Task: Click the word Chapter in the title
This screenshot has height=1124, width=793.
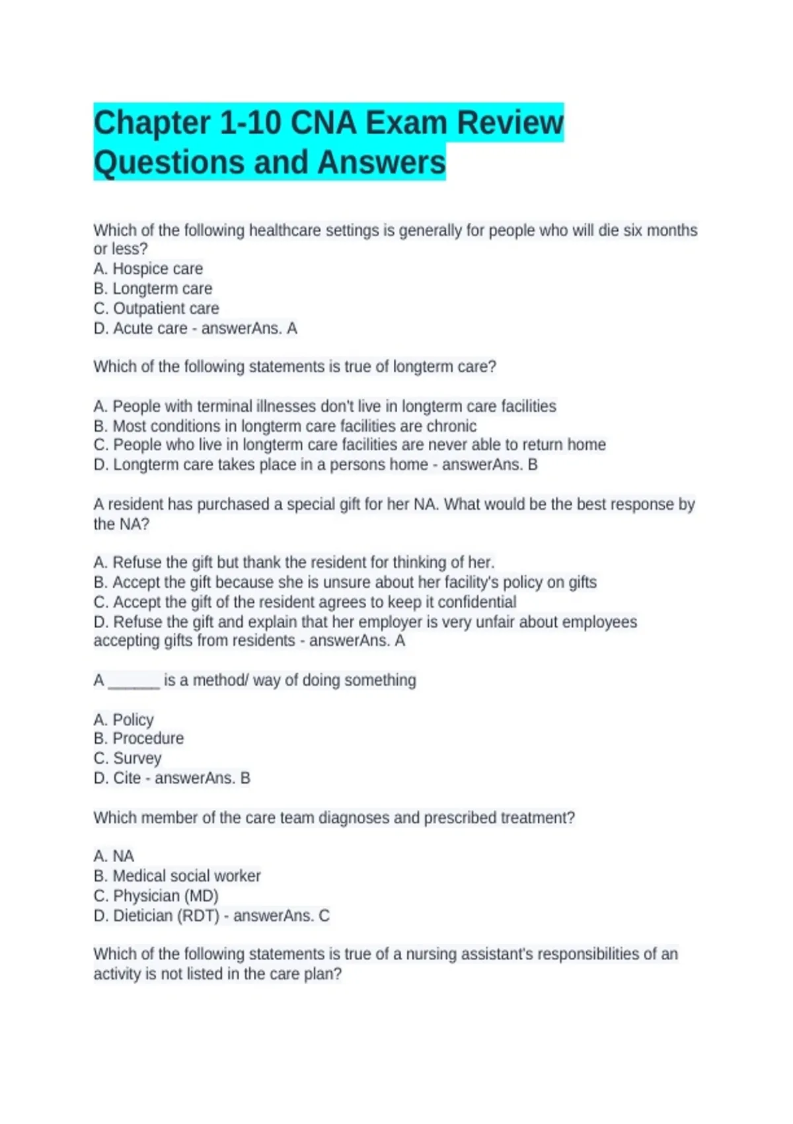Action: [x=151, y=123]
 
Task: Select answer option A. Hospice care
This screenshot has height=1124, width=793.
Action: [x=148, y=269]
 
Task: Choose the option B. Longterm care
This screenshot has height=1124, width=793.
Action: [x=153, y=289]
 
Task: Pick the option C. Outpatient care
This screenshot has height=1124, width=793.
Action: [x=156, y=309]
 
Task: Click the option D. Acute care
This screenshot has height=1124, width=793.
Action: [x=140, y=329]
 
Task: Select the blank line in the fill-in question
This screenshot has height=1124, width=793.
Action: [x=133, y=681]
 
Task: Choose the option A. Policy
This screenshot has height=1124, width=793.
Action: [x=124, y=719]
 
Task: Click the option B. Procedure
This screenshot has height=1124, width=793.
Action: [x=139, y=739]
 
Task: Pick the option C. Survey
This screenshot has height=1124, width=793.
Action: [x=128, y=758]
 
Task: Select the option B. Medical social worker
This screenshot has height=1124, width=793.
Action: [x=177, y=876]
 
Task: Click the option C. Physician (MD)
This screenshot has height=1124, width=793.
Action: [x=156, y=896]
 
